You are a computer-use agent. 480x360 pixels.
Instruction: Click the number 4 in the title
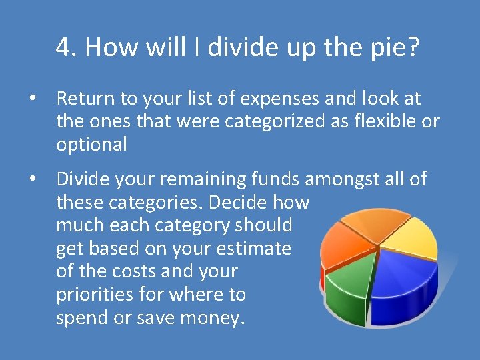(x=63, y=48)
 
